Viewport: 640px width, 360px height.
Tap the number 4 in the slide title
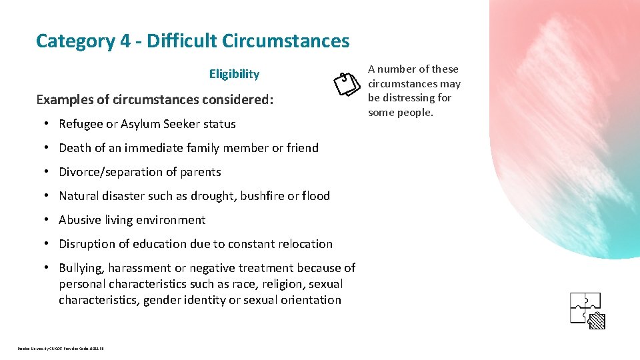(126, 41)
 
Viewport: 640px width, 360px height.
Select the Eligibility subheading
(234, 74)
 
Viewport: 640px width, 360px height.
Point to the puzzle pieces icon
(587, 310)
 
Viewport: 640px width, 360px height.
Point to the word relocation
(304, 244)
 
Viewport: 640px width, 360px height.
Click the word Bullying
(81, 268)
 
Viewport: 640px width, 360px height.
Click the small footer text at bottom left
(61, 348)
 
